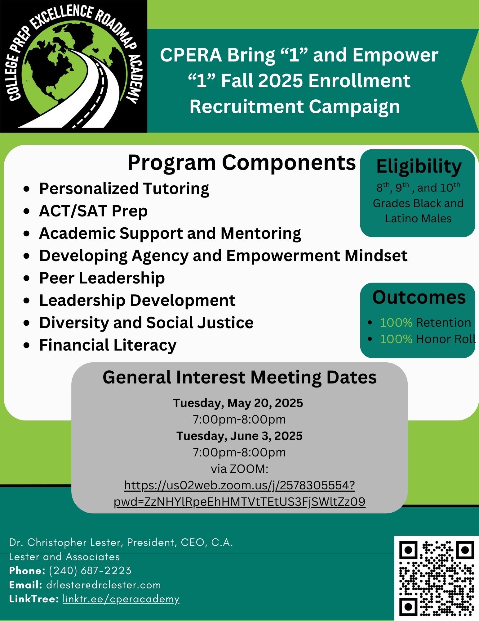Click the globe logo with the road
[x=73, y=66]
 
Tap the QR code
[x=437, y=578]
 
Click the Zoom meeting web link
[x=240, y=493]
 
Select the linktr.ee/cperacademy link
[x=121, y=599]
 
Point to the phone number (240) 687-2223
[x=90, y=571]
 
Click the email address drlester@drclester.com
[x=104, y=585]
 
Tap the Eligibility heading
[x=419, y=167]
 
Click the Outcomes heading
[x=419, y=297]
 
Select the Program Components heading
[x=242, y=162]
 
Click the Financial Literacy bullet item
[x=108, y=345]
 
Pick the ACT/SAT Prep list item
[x=93, y=211]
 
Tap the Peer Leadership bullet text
[x=102, y=278]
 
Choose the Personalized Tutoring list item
[x=124, y=189]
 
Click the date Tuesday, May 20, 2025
[x=238, y=403]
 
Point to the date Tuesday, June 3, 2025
[x=239, y=436]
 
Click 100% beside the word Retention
[x=396, y=323]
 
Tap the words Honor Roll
[x=446, y=339]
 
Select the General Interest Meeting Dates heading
[x=240, y=378]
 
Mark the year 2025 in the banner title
[x=280, y=81]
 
